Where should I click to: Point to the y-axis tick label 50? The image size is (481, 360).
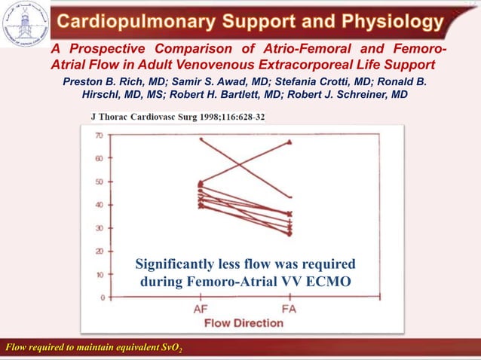pyautogui.click(x=99, y=182)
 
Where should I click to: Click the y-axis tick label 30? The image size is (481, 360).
pyautogui.click(x=99, y=228)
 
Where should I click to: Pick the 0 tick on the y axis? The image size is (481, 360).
pyautogui.click(x=101, y=297)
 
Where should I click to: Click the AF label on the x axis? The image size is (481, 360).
pyautogui.click(x=202, y=310)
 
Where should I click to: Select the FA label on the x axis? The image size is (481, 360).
pyautogui.click(x=289, y=310)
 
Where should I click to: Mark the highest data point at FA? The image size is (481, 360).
pyautogui.click(x=289, y=142)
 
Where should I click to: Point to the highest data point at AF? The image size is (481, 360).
pyautogui.click(x=201, y=139)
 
